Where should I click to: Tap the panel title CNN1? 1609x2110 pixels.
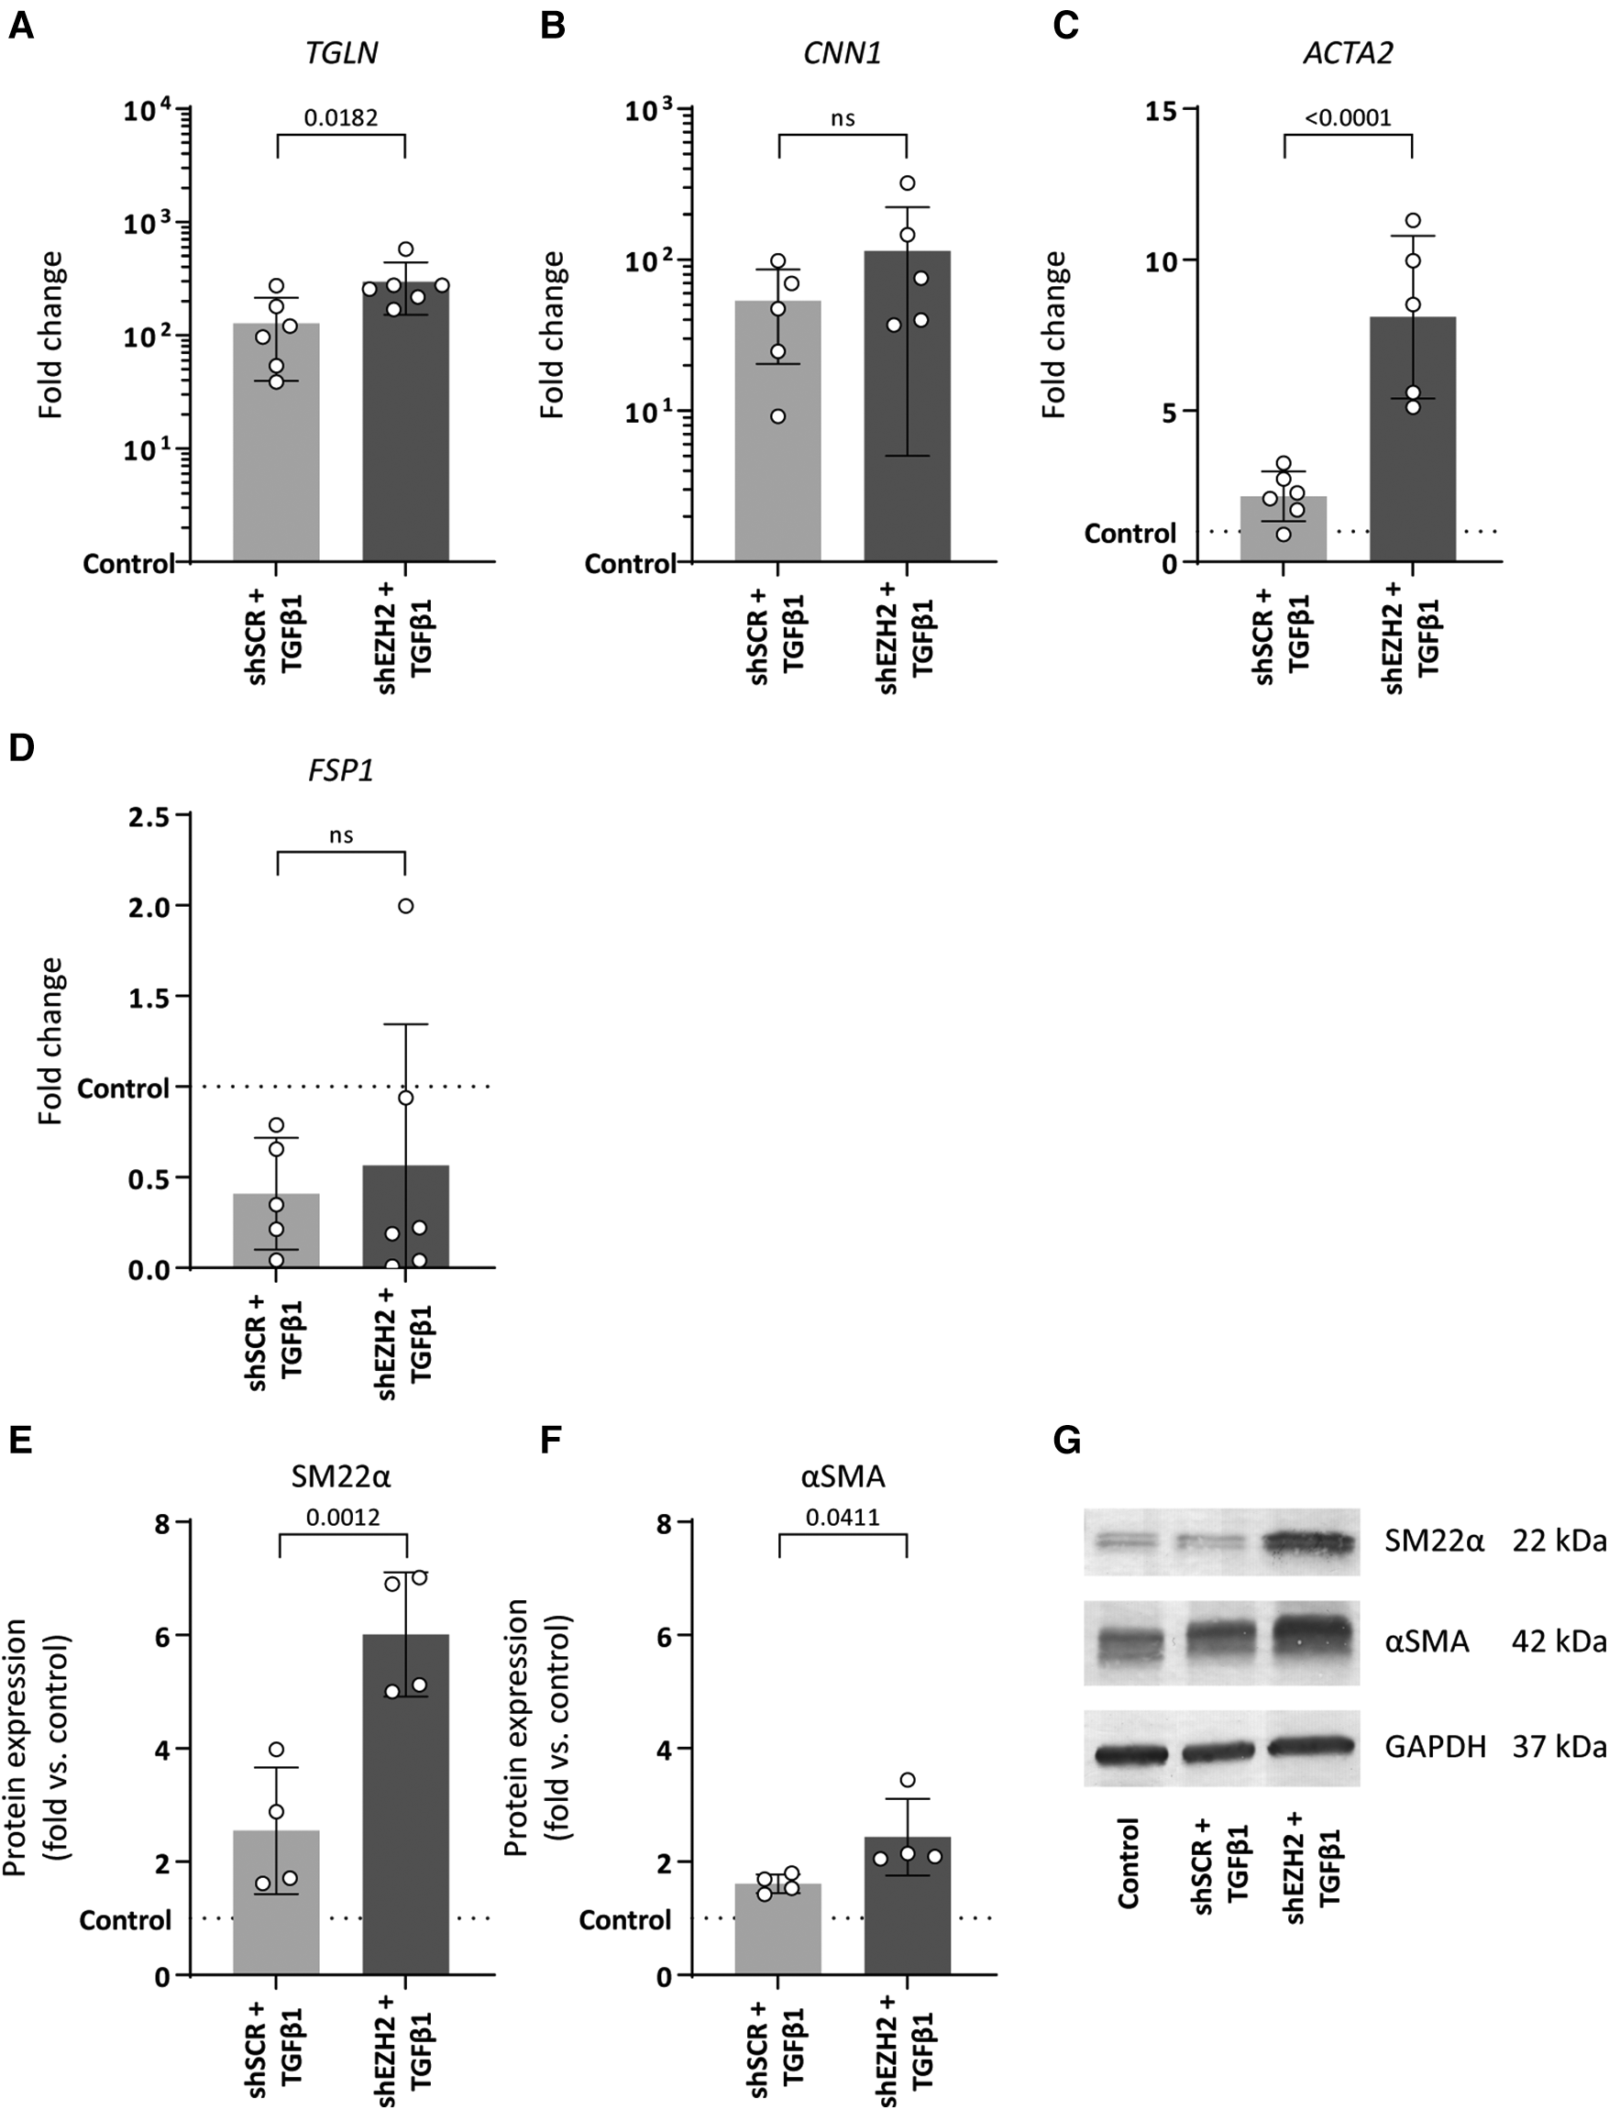point(842,52)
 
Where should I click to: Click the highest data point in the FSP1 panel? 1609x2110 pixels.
point(406,906)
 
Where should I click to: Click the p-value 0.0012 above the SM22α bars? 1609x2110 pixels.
point(342,1517)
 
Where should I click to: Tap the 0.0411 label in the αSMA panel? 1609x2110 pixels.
point(842,1517)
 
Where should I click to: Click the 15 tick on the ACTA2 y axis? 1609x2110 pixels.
point(1163,110)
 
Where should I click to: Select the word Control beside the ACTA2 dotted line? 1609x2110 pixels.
point(1130,534)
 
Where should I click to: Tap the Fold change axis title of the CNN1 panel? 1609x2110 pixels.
point(553,336)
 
